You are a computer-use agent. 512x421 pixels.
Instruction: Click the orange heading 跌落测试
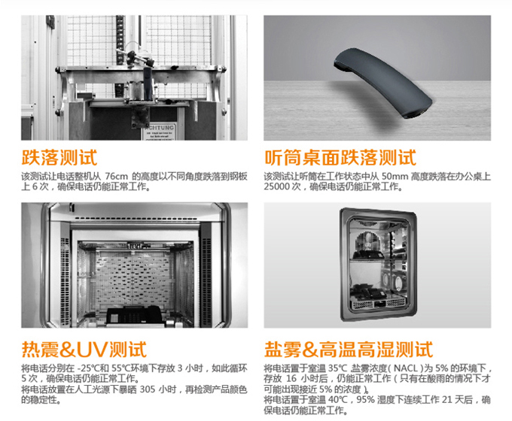(x=59, y=158)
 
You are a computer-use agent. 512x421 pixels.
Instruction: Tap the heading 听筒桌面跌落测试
(x=340, y=158)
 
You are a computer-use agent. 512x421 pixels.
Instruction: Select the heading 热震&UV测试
(x=84, y=350)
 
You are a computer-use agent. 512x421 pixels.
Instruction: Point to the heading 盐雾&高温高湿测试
(x=349, y=350)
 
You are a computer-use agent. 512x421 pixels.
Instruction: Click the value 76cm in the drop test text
(x=117, y=177)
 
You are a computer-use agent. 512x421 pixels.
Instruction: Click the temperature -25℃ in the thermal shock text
(x=88, y=368)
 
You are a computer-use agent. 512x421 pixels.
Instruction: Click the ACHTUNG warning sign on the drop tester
(x=160, y=131)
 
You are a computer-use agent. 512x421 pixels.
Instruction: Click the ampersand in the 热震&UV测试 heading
(x=68, y=350)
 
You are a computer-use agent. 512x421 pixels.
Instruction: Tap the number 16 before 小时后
(x=291, y=379)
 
